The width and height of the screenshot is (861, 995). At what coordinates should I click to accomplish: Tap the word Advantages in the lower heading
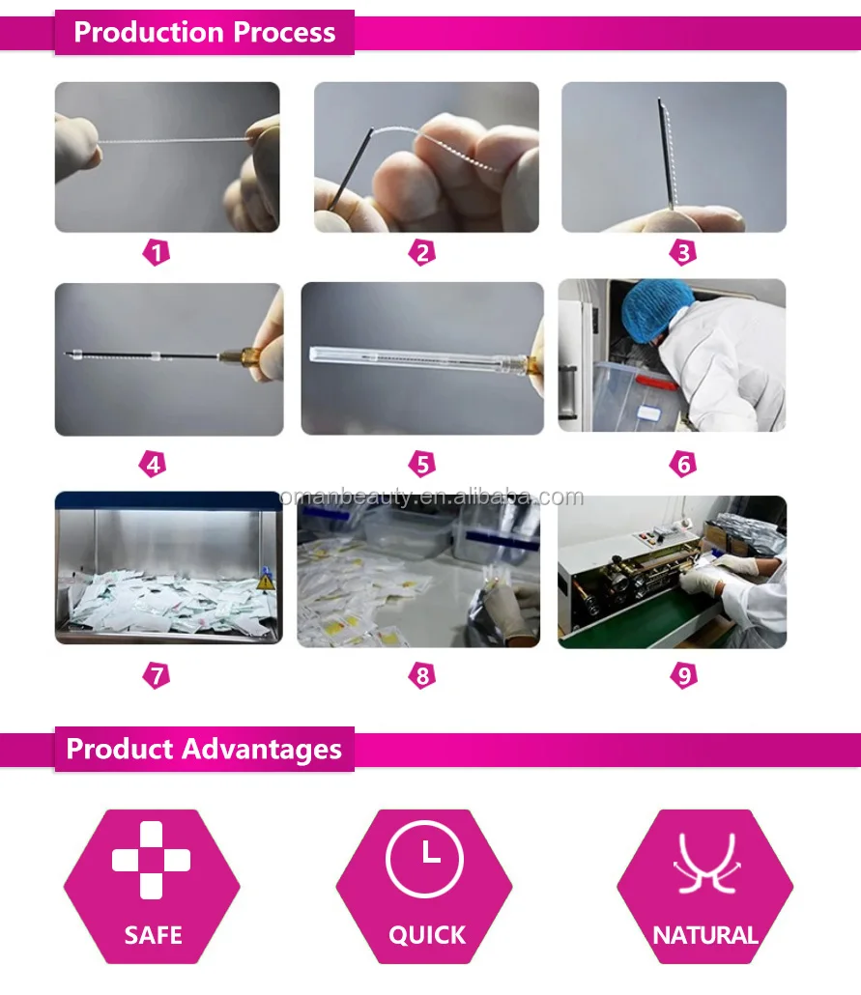[262, 750]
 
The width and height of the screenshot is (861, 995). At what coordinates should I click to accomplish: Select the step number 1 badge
[157, 252]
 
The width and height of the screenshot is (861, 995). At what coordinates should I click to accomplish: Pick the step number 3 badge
[683, 252]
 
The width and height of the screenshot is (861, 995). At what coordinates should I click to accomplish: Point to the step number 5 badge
[422, 464]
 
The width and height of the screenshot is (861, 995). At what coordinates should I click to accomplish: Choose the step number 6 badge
[683, 464]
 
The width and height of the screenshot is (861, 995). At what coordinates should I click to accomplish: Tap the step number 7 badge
[157, 675]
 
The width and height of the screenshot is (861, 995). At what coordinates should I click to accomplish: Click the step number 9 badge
[684, 675]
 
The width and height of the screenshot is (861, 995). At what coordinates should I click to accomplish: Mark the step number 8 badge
[422, 675]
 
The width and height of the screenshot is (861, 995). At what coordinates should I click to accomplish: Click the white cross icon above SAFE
[151, 861]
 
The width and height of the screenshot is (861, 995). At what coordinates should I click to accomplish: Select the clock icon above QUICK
[425, 859]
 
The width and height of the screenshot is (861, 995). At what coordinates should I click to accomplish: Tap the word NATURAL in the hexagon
[705, 935]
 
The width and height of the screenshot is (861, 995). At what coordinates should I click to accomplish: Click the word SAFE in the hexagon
[153, 935]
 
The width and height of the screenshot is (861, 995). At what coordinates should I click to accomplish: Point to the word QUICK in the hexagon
[427, 935]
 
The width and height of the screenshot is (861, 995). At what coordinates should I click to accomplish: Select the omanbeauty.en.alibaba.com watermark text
[431, 497]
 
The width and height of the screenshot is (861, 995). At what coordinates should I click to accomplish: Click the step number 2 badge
[422, 252]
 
